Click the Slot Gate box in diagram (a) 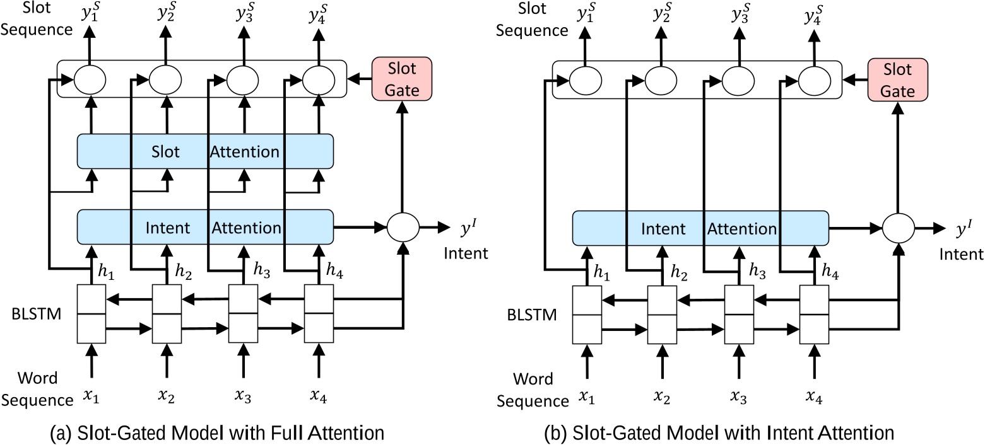click(x=403, y=78)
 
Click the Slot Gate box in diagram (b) click(x=897, y=79)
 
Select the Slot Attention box click(x=205, y=151)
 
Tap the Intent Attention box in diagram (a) click(x=205, y=227)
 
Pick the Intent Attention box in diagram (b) click(x=700, y=228)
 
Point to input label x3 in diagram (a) click(x=243, y=397)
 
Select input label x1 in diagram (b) click(x=587, y=398)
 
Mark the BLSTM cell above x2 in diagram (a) click(x=167, y=313)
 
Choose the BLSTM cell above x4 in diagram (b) click(x=814, y=315)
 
